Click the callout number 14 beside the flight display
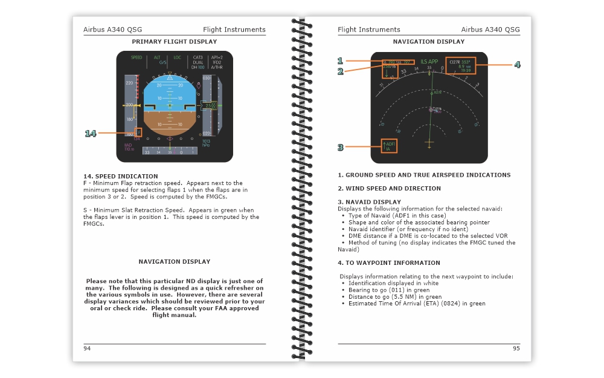pyautogui.click(x=90, y=133)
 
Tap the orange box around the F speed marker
pyautogui.click(x=139, y=132)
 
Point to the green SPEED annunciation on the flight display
pyautogui.click(x=137, y=57)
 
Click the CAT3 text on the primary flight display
pyautogui.click(x=198, y=57)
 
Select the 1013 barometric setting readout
pyautogui.click(x=206, y=142)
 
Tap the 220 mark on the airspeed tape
pyautogui.click(x=129, y=82)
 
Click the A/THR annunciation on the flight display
pyautogui.click(x=217, y=67)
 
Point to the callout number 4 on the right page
pyautogui.click(x=517, y=65)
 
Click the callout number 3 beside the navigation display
pyautogui.click(x=341, y=147)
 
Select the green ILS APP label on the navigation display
pyautogui.click(x=429, y=62)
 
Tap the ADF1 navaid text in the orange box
pyautogui.click(x=391, y=144)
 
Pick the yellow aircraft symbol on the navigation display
pyautogui.click(x=429, y=144)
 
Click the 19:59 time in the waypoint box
pyautogui.click(x=465, y=71)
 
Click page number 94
pyautogui.click(x=87, y=348)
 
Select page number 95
pyautogui.click(x=516, y=348)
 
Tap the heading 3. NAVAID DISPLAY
pyautogui.click(x=369, y=202)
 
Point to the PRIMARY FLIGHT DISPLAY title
pyautogui.click(x=174, y=42)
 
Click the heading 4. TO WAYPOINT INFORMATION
pyautogui.click(x=389, y=263)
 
